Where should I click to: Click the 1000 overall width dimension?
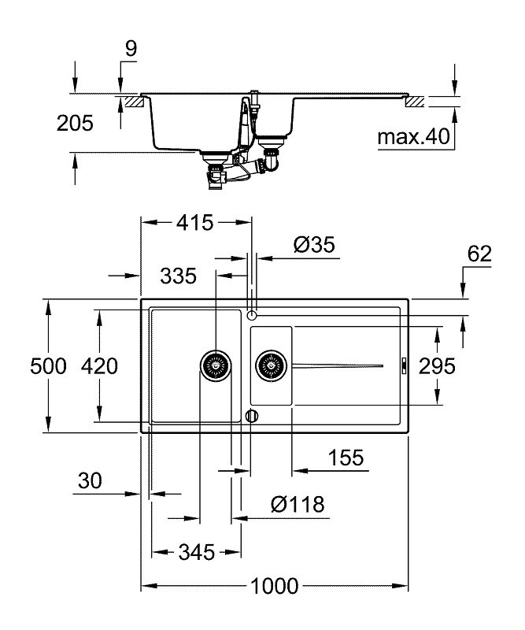pos(275,586)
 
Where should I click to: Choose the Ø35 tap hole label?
pos(314,245)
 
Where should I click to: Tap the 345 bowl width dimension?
pos(194,552)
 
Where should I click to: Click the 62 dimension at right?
pos(479,254)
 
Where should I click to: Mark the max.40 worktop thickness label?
pos(412,138)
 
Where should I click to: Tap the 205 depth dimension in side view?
pos(75,122)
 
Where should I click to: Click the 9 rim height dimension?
pos(131,48)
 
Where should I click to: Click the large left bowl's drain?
pos(214,365)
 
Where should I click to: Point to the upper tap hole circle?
pos(252,315)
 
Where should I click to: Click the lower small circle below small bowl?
pos(252,415)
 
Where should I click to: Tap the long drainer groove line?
pos(338,365)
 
